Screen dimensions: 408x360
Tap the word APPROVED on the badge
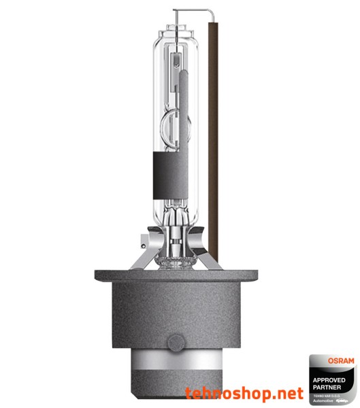[329, 379]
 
